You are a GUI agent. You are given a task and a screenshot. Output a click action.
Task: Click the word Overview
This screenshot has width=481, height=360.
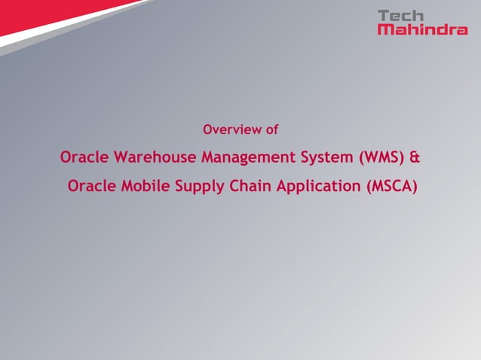(232, 130)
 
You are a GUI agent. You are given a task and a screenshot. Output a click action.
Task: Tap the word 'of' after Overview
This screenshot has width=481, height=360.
(271, 130)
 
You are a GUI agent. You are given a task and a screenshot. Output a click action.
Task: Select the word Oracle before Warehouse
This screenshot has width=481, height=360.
(84, 158)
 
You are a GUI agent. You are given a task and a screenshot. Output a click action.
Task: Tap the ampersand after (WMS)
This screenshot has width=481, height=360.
(414, 158)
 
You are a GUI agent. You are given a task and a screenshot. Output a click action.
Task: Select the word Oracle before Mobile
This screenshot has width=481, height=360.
(92, 185)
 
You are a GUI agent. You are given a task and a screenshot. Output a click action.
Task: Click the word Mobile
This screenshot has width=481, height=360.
(145, 185)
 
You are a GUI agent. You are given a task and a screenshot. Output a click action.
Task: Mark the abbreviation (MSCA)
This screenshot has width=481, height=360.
(391, 185)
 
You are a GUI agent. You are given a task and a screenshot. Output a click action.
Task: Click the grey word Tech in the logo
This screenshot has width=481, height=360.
(401, 16)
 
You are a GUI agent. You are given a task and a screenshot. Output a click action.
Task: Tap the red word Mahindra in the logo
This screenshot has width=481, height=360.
(421, 30)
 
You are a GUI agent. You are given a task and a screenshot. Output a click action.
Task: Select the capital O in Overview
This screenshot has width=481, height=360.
(209, 130)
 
